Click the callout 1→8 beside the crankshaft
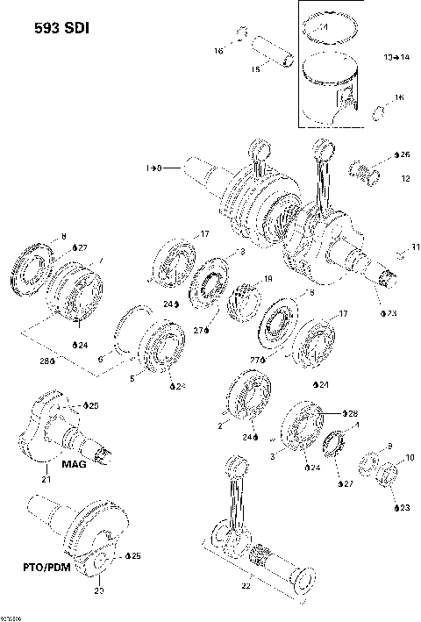(154, 167)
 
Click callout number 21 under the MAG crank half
(46, 480)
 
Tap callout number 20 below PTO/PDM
(98, 590)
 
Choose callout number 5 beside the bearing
(132, 380)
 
